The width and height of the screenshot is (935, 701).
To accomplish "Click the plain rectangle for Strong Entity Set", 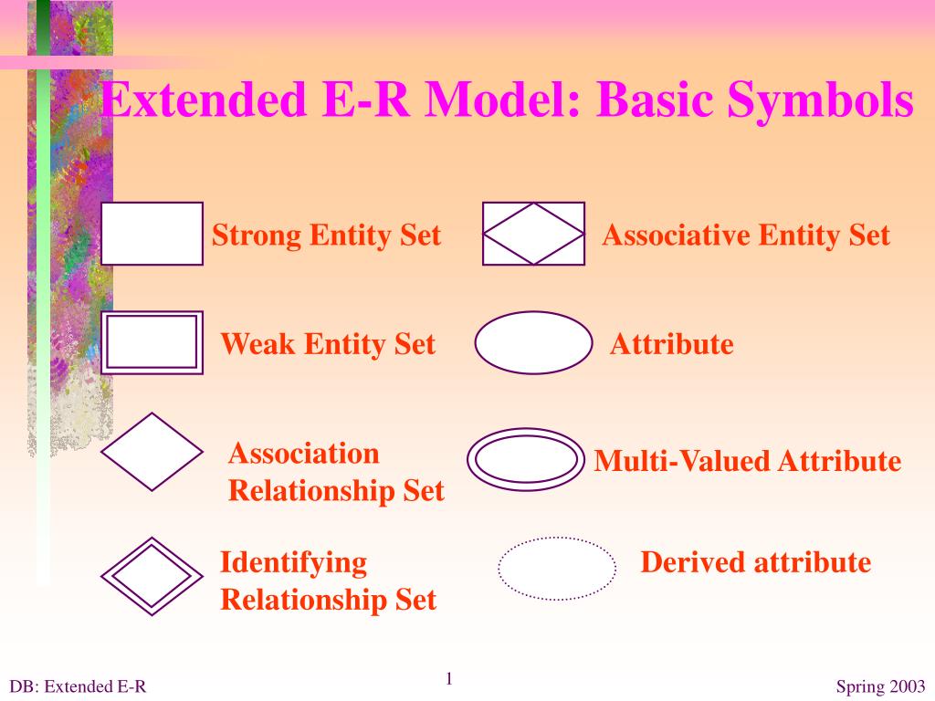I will tap(152, 234).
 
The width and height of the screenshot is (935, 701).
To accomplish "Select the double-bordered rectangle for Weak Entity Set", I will tap(152, 342).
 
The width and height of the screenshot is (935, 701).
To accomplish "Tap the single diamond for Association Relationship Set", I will tap(152, 452).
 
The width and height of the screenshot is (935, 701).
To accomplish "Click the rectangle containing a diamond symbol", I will tap(533, 234).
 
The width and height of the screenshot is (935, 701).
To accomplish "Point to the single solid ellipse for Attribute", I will tap(534, 342).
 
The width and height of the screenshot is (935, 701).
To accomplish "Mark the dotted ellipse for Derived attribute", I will tap(557, 568).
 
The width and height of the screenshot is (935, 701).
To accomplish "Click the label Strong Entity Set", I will tap(326, 235).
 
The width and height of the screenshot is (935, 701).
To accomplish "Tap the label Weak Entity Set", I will tap(328, 344).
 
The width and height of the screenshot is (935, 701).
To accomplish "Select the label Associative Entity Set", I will tap(745, 235).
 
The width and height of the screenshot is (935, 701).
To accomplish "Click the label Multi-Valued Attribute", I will tap(747, 461).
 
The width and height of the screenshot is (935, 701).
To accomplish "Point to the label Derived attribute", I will tap(755, 562).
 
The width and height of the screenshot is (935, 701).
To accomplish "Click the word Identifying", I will tap(293, 562).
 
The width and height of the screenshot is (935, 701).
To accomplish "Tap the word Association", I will tap(303, 454).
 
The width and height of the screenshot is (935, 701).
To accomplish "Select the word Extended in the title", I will tap(203, 100).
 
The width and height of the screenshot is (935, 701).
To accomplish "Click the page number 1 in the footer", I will tap(449, 678).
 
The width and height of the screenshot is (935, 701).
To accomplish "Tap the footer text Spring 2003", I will tap(880, 687).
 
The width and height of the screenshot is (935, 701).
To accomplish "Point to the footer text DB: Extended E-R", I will tap(78, 687).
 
